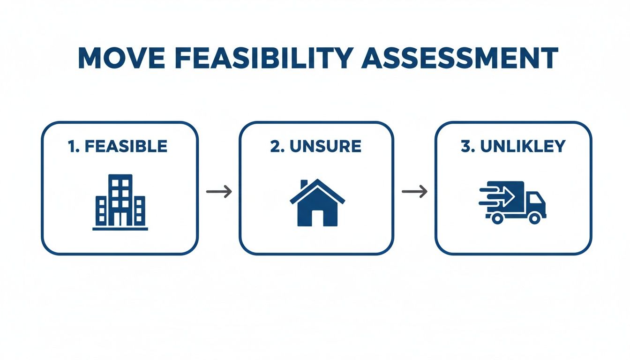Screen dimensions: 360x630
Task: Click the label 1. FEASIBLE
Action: pos(118,146)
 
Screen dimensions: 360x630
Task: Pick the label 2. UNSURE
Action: pos(315,146)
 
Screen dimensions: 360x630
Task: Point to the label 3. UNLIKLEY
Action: pos(513,146)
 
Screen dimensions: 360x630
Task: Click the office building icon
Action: pos(120,202)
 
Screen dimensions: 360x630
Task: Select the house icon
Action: pos(317,202)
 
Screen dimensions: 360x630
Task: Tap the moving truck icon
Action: pos(513,202)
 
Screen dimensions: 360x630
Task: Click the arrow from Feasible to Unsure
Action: pos(219,191)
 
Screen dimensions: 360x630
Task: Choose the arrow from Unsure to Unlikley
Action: pos(415,191)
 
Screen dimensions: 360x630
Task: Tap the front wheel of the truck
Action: pos(534,217)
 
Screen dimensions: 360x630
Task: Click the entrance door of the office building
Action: pos(120,219)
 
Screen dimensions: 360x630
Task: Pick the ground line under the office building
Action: pos(120,229)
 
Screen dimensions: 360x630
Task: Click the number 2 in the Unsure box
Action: pos(275,146)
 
